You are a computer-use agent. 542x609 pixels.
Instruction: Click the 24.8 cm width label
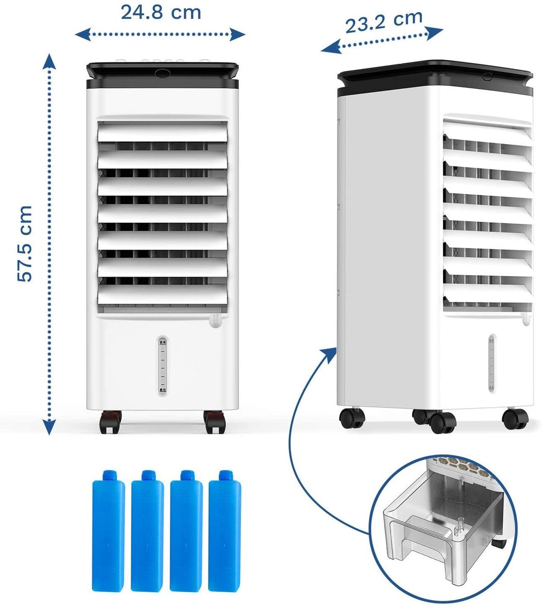[160, 13]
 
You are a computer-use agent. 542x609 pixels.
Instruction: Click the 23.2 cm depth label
[384, 21]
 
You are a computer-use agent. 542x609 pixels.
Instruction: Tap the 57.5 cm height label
[24, 243]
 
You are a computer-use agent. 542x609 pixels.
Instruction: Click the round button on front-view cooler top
[163, 73]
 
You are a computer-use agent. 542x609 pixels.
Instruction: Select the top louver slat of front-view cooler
[162, 132]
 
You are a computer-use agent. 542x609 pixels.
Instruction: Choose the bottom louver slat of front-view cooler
[162, 294]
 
